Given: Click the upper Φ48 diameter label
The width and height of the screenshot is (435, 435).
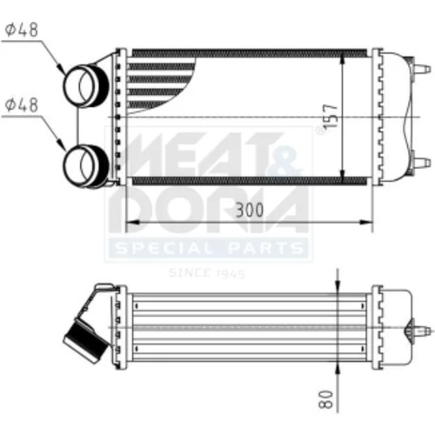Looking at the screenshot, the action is tap(22, 30).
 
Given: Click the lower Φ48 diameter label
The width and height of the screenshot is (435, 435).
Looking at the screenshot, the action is tap(22, 104).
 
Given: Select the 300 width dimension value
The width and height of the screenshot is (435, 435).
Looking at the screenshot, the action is tap(250, 210).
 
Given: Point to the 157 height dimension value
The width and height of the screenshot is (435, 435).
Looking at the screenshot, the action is tap(331, 116).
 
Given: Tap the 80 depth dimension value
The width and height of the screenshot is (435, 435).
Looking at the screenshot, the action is tap(326, 399).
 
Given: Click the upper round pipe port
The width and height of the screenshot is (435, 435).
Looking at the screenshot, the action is tap(85, 86).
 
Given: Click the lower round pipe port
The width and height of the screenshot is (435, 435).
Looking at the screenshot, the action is tap(85, 166).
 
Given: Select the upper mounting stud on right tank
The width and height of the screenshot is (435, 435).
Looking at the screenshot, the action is tap(422, 70).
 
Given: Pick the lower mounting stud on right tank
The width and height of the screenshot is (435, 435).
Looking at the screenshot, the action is tap(422, 163).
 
